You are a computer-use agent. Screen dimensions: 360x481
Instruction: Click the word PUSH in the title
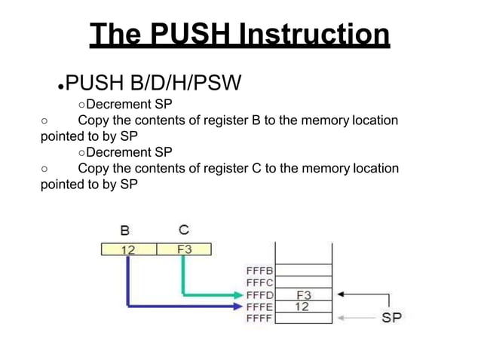188,34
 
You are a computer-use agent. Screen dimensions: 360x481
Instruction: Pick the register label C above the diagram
183,229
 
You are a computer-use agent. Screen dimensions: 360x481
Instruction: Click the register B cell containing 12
128,249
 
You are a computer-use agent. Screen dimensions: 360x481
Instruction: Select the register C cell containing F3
183,249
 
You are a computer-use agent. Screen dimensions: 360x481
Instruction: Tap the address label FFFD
259,294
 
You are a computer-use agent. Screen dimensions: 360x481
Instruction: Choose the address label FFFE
259,307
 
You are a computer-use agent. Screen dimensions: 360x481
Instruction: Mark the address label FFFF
259,319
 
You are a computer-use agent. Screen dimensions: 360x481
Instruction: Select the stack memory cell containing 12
302,307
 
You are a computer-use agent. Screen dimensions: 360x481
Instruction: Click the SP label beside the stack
391,318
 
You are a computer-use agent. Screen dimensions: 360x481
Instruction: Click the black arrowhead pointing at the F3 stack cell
342,294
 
